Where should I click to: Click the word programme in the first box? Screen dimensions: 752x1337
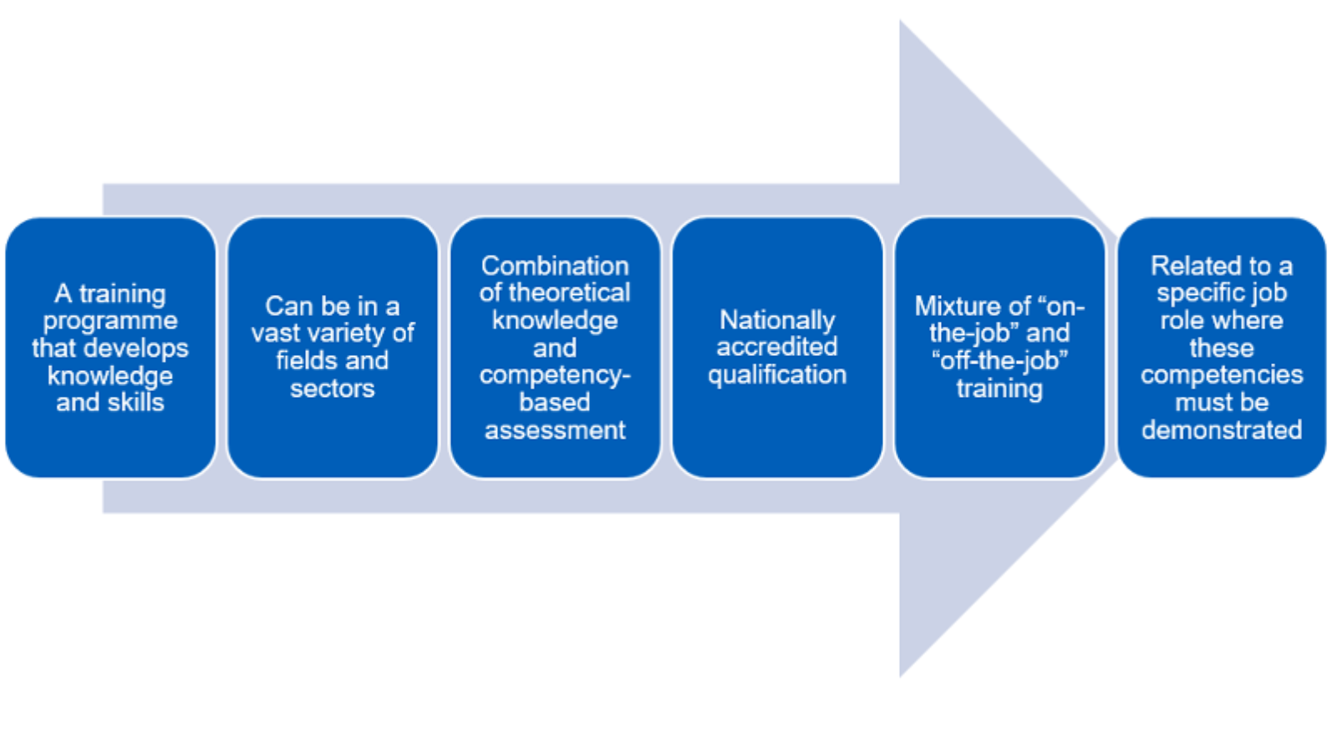(x=110, y=321)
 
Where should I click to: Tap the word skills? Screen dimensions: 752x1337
(x=135, y=403)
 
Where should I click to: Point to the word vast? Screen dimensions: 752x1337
(x=278, y=333)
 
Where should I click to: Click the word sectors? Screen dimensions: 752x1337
(x=333, y=389)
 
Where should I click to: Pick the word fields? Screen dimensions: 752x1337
(x=304, y=361)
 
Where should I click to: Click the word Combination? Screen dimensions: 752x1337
(x=555, y=266)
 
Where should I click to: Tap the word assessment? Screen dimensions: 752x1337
(x=555, y=430)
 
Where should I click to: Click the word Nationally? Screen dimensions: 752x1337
(x=777, y=320)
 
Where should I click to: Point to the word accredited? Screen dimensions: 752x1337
(x=777, y=347)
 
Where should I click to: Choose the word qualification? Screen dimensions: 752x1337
(x=777, y=375)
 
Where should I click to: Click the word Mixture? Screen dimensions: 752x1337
(x=954, y=307)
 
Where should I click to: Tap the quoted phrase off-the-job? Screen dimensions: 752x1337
(x=999, y=361)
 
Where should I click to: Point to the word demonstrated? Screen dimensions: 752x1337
(x=1222, y=430)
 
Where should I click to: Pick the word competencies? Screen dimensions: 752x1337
(x=1222, y=375)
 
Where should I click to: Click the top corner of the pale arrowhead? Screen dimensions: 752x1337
(x=901, y=23)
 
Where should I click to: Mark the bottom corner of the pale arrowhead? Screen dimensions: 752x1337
(x=901, y=674)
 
